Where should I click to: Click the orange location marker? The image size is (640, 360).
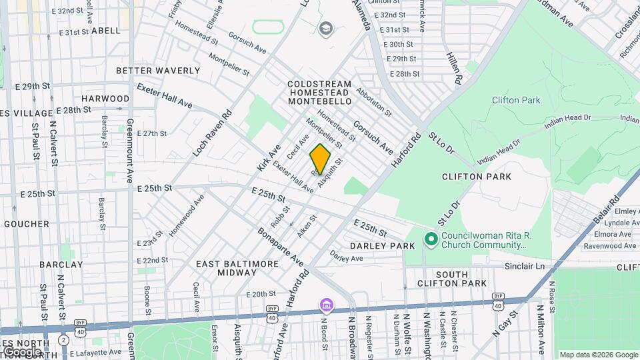tap(320, 159)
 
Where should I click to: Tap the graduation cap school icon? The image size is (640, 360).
tap(325, 28)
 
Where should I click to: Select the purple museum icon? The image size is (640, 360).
tap(325, 305)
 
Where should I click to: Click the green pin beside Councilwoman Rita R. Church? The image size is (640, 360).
tap(431, 239)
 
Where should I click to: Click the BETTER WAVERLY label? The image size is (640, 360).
tap(158, 71)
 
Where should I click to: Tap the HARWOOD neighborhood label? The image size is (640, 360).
tap(105, 99)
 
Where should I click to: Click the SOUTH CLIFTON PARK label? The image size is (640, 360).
tap(461, 279)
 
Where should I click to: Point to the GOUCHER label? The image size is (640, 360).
tap(27, 224)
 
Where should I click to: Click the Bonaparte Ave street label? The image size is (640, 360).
tap(280, 247)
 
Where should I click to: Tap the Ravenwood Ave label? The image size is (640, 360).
tap(607, 245)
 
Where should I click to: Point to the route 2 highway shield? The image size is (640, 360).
tap(63, 339)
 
